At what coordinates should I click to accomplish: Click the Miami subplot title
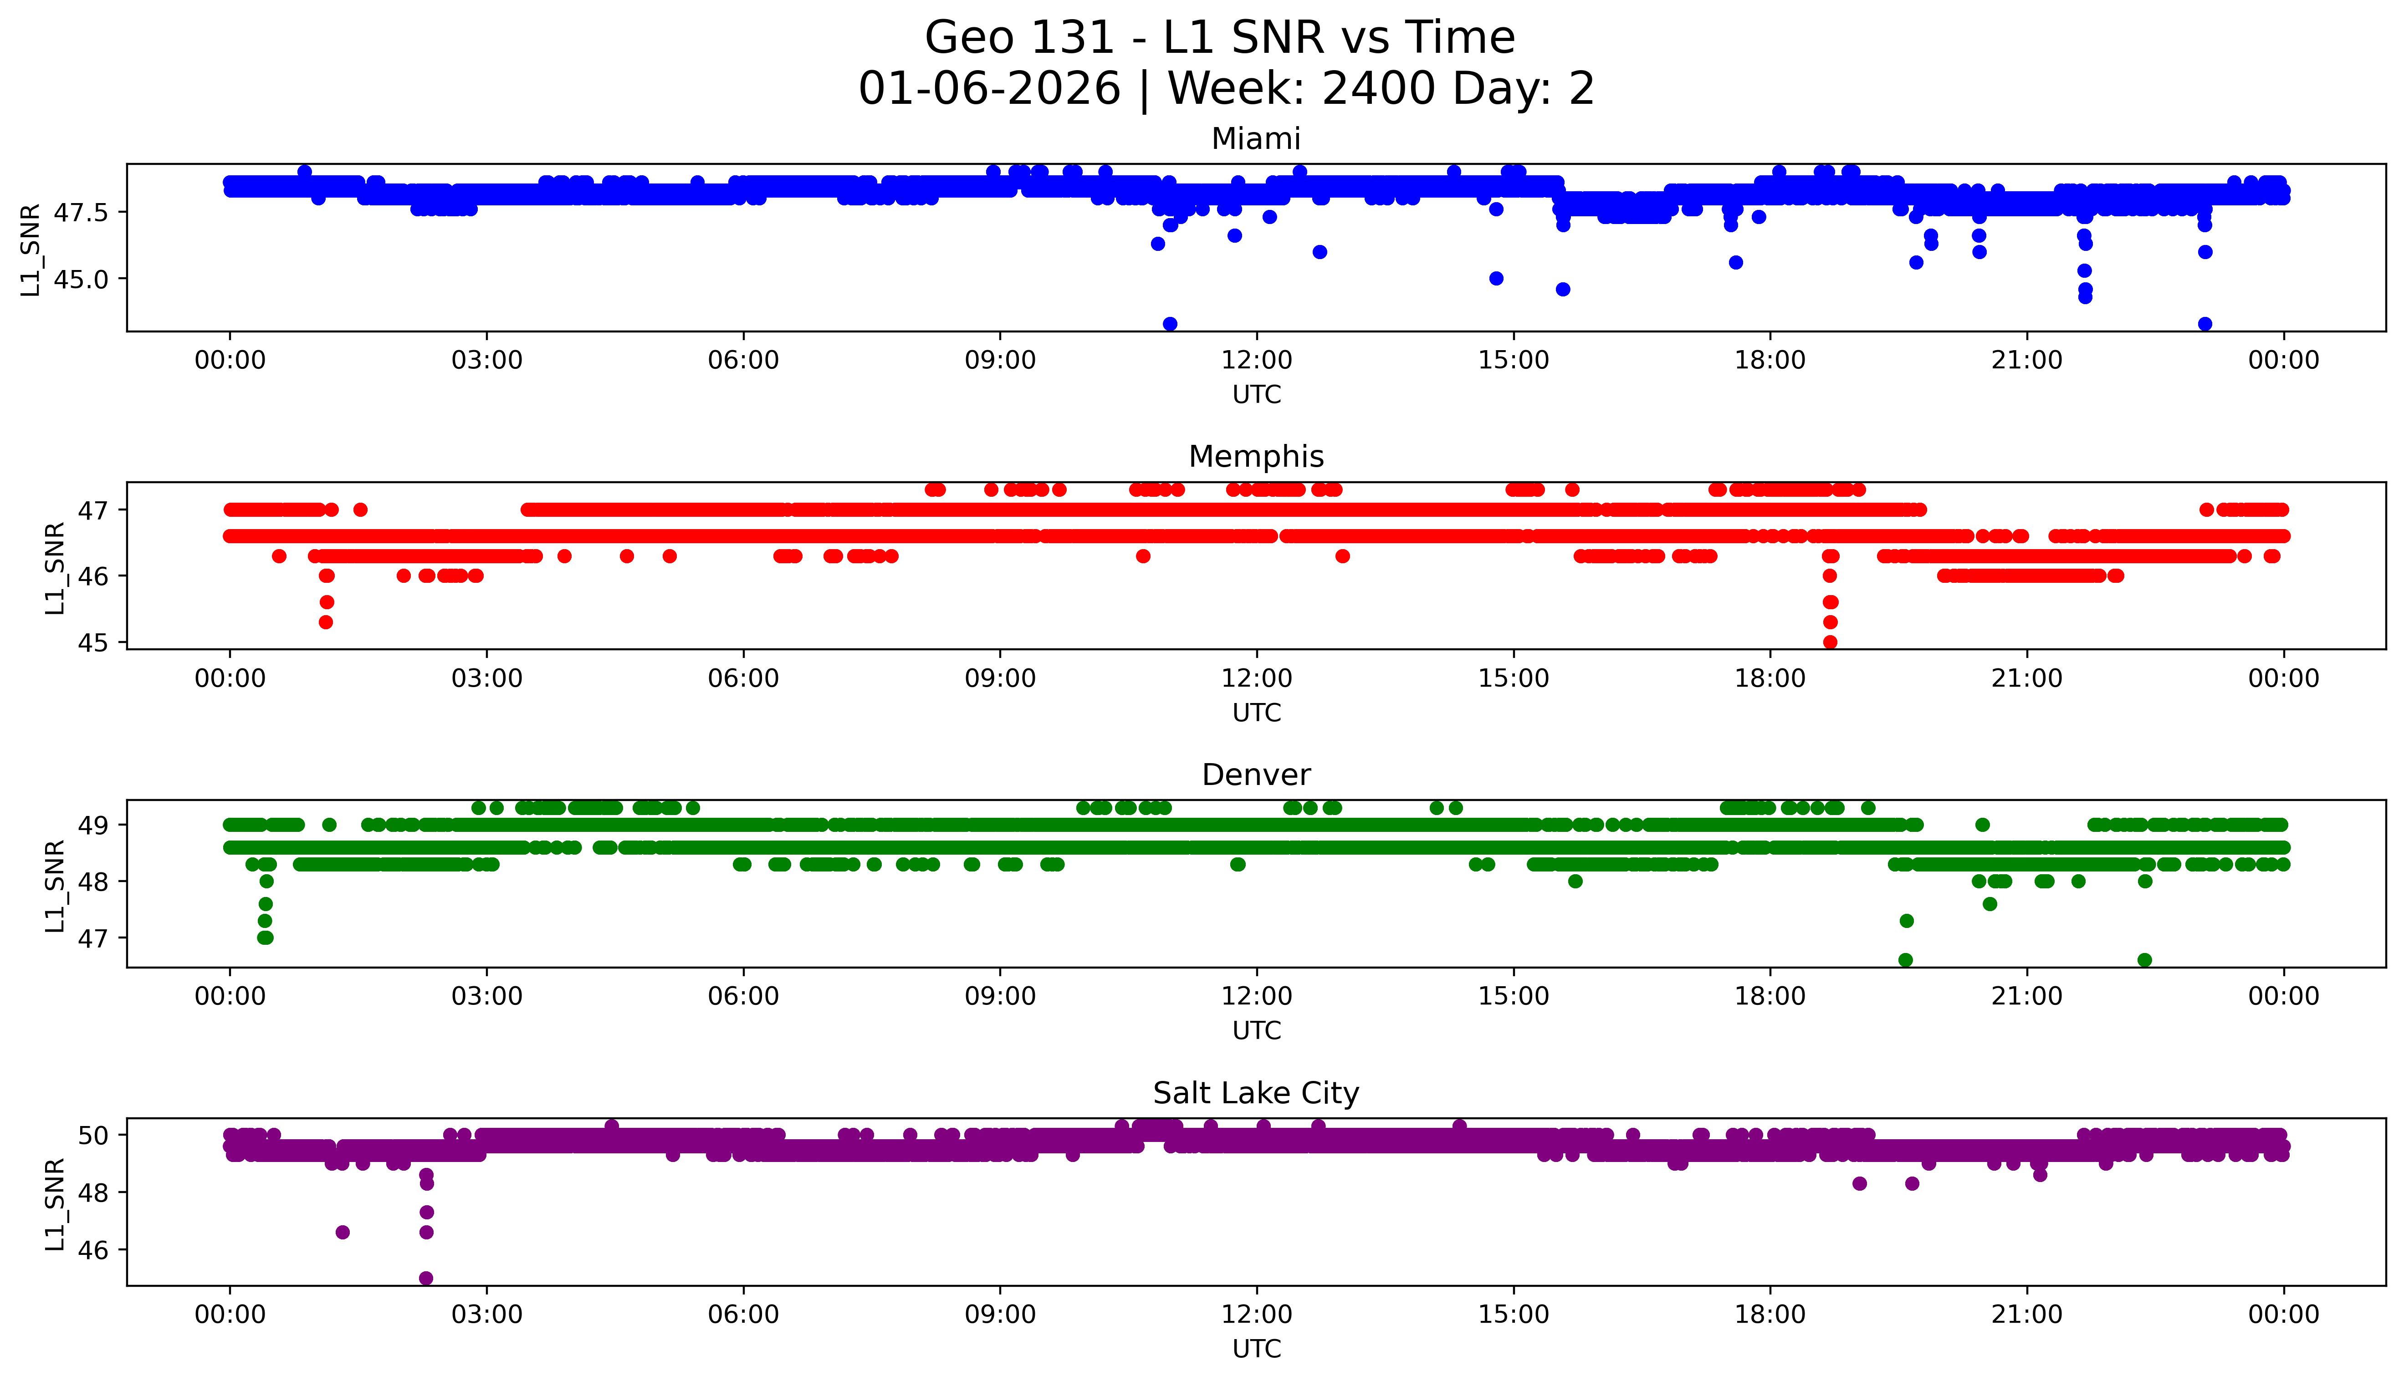coord(1255,139)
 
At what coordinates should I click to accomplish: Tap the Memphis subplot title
coord(1255,457)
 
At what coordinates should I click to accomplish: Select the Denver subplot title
coord(1255,775)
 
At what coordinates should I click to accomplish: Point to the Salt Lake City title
coord(1255,1094)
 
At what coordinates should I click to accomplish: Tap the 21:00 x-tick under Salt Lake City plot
coord(2026,1315)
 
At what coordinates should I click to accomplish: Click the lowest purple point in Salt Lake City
coord(426,1278)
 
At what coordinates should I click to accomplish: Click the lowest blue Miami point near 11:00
coord(1170,323)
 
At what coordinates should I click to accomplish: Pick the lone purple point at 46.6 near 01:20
coord(343,1232)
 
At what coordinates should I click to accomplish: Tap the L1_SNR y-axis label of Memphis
coord(55,567)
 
